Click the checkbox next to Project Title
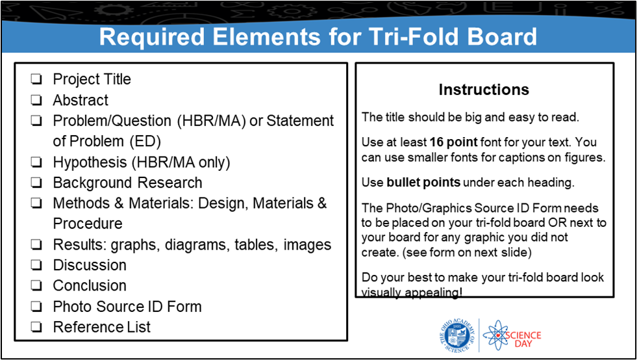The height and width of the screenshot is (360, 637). point(36,79)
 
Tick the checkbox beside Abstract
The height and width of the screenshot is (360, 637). point(36,100)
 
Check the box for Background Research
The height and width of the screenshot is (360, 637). point(36,183)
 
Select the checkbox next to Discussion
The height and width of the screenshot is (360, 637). point(36,265)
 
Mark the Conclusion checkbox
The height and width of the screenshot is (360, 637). point(36,285)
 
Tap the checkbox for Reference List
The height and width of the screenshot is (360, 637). point(36,327)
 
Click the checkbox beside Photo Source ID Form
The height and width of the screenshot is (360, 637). point(36,307)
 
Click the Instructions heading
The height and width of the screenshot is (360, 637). point(484,90)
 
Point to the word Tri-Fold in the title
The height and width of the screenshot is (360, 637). point(407,36)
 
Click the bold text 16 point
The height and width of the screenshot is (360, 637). point(453,142)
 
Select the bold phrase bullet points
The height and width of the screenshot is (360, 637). point(423,183)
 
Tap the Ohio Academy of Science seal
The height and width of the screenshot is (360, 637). point(457,335)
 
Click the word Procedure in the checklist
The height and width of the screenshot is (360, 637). point(88,224)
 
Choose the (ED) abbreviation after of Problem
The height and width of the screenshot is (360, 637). point(145,142)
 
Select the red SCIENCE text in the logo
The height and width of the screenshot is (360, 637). point(525,335)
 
